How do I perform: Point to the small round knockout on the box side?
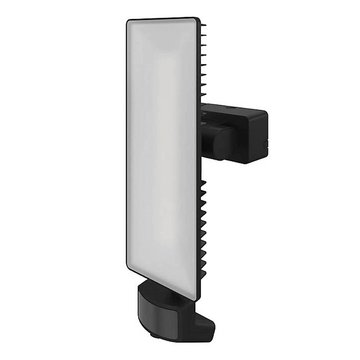[x=265, y=144]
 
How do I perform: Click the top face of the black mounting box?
[x=234, y=107]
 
